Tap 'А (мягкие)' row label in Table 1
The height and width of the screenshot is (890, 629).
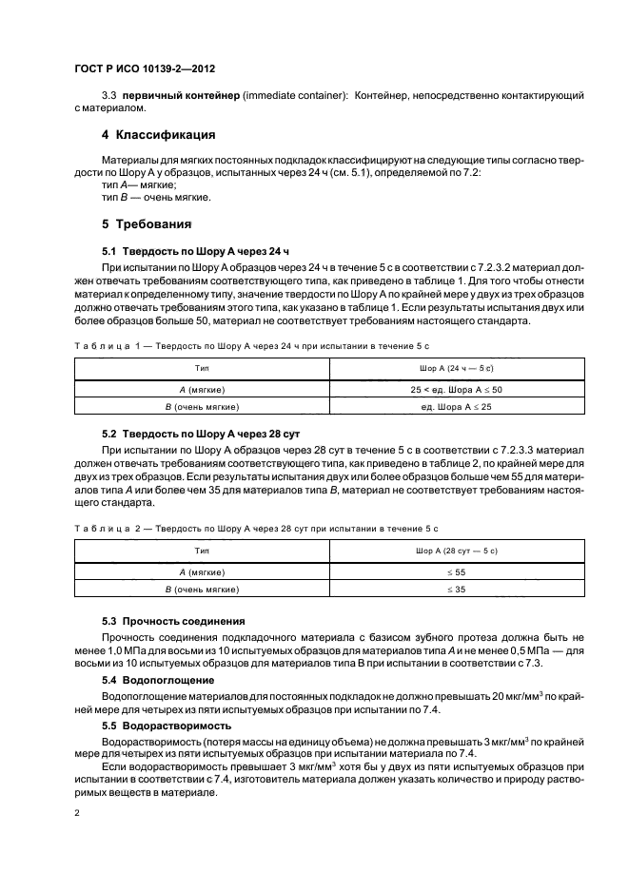pos(203,391)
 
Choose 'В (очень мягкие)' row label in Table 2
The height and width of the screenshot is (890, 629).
pos(203,590)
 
